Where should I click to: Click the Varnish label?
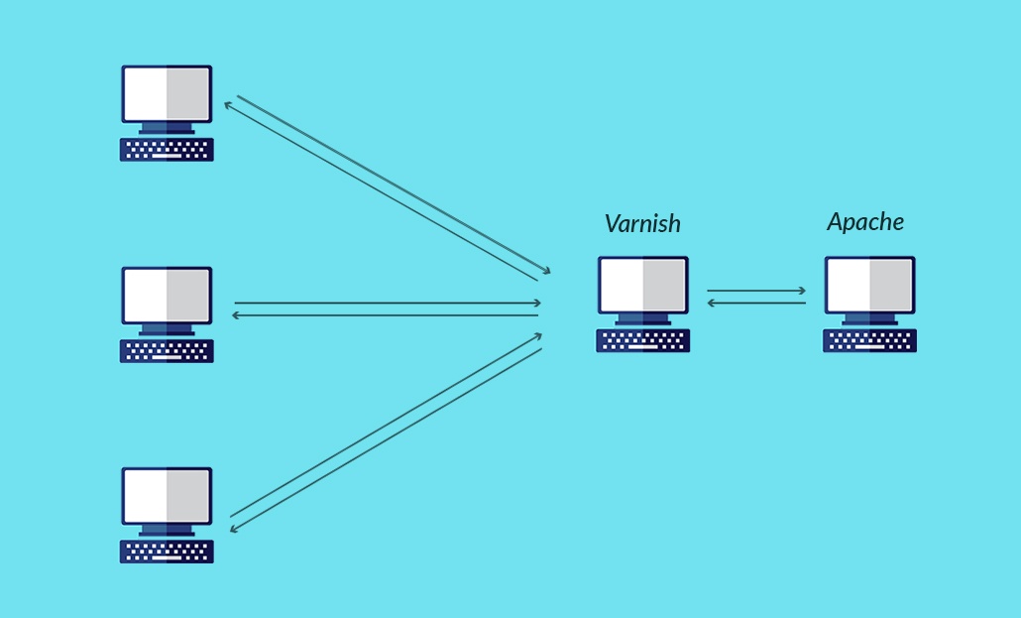(642, 224)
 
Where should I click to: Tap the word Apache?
(865, 222)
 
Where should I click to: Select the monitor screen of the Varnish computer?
(642, 285)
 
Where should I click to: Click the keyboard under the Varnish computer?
(642, 340)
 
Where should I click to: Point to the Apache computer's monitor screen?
(869, 285)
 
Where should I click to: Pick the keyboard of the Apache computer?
(869, 340)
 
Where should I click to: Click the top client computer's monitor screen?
(167, 94)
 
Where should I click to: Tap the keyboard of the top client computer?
(167, 150)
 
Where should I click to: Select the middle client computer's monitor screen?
(167, 295)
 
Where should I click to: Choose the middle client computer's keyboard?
(167, 351)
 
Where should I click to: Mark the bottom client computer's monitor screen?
(167, 496)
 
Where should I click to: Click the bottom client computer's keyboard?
(167, 552)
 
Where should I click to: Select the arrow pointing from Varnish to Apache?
(756, 291)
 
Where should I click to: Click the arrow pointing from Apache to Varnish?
(756, 303)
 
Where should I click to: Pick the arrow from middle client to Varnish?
(388, 303)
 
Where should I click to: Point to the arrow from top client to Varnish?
(397, 185)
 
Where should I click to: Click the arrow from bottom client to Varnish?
(387, 425)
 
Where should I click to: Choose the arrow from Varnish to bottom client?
(387, 439)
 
